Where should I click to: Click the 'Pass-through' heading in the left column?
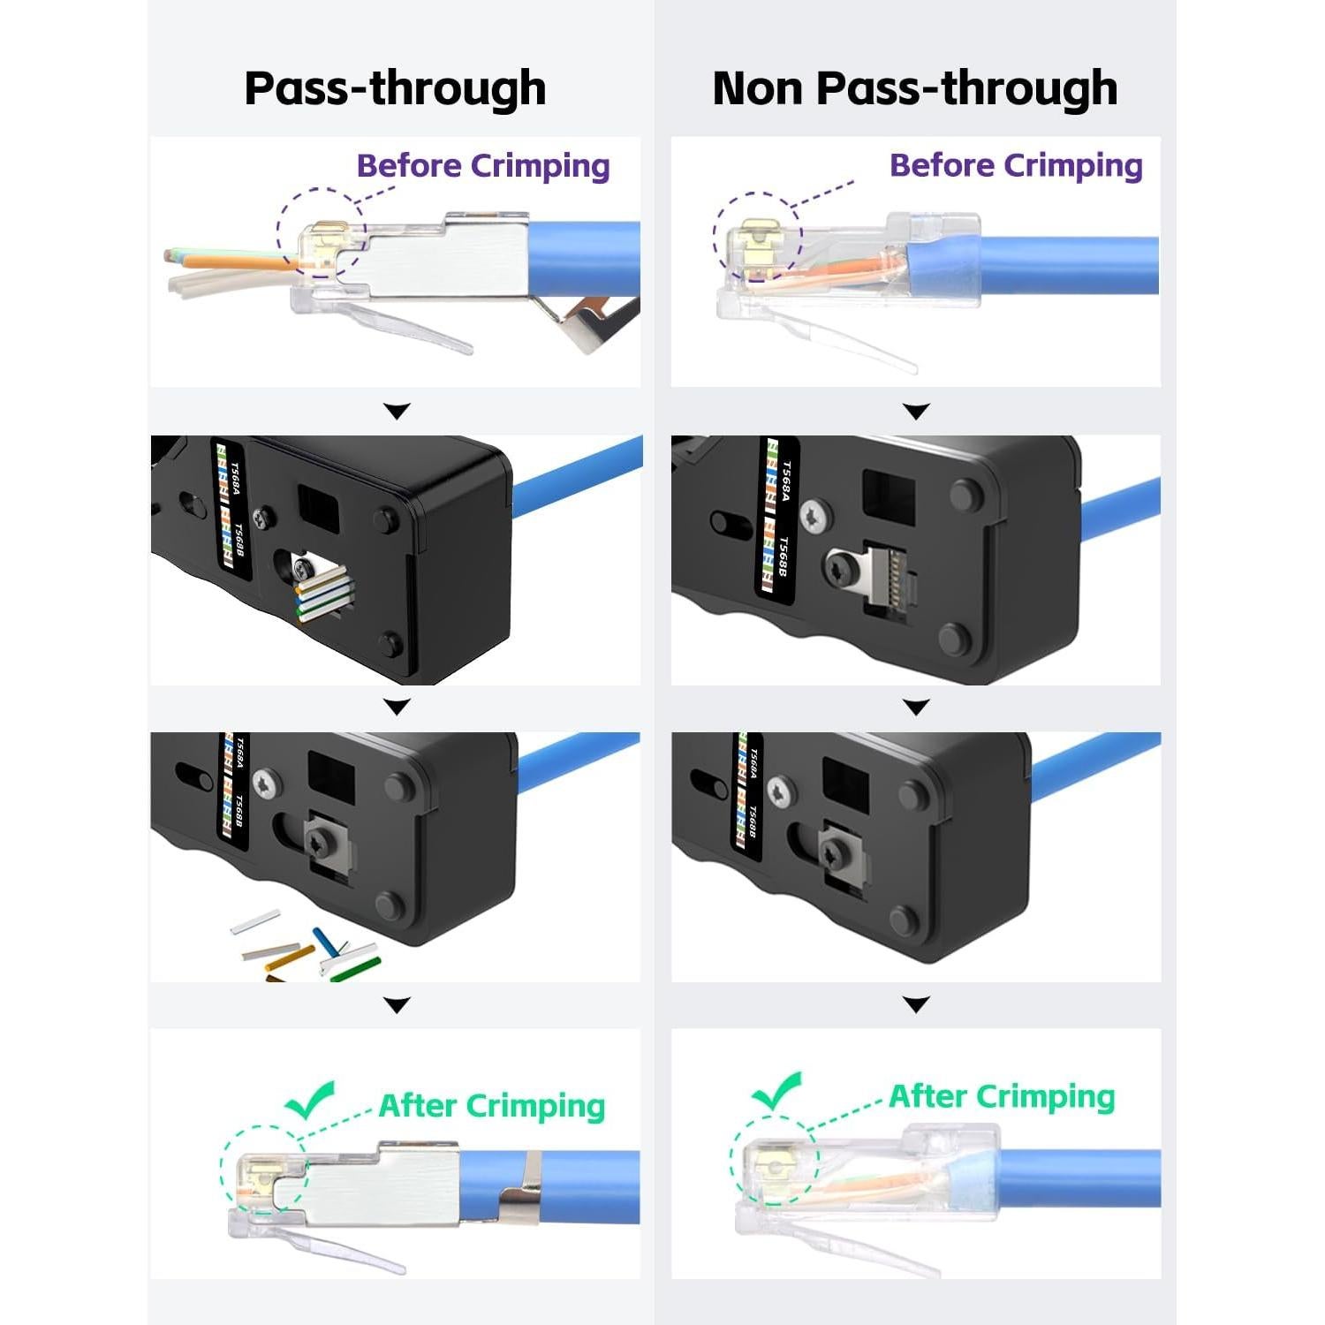pyautogui.click(x=395, y=87)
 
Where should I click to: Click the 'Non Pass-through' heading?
pyautogui.click(x=914, y=87)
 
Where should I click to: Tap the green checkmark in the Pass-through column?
pyautogui.click(x=310, y=1099)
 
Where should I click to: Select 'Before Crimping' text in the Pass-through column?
pyautogui.click(x=483, y=166)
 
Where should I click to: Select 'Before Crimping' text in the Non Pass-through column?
pyautogui.click(x=1016, y=165)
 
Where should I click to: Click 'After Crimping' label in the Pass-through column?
pyautogui.click(x=491, y=1106)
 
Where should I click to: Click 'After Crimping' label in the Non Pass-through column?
pyautogui.click(x=1002, y=1096)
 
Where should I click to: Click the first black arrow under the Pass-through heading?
pyautogui.click(x=397, y=411)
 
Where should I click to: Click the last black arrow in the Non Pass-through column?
pyautogui.click(x=917, y=1004)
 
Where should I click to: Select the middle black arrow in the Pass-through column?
pyautogui.click(x=397, y=707)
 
